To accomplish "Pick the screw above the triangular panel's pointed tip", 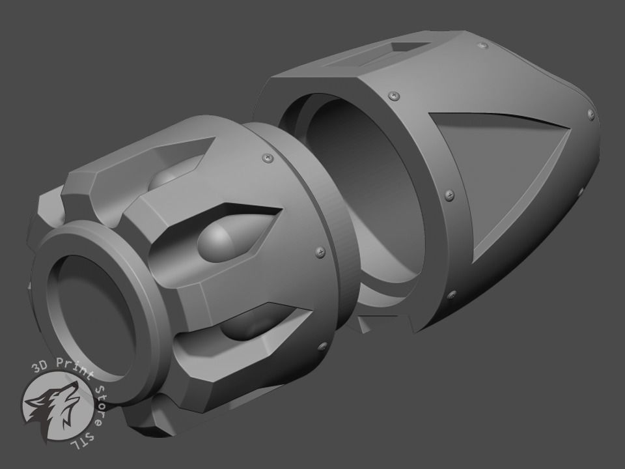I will click(x=591, y=114).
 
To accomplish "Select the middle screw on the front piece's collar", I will click(x=318, y=251).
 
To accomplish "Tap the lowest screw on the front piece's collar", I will click(x=320, y=346).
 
